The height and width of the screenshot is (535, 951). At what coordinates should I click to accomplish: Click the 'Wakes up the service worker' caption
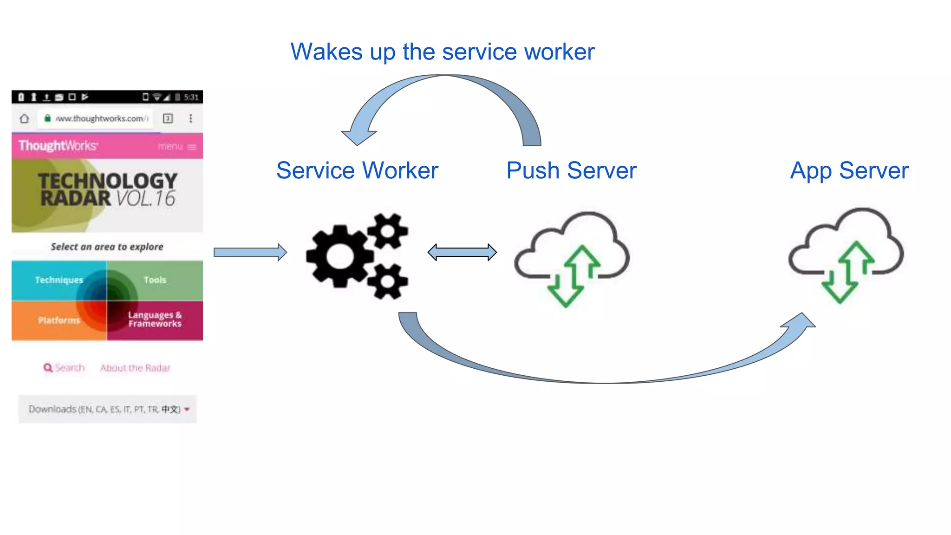click(x=442, y=52)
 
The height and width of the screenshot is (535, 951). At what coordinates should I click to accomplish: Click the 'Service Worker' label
click(x=357, y=170)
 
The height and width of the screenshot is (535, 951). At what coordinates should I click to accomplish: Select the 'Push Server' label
click(x=571, y=170)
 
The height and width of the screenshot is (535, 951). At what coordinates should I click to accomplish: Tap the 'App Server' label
click(x=849, y=170)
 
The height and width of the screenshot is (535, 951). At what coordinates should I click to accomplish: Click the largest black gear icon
click(x=340, y=256)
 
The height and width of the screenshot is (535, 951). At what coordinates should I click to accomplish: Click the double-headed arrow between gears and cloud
click(x=462, y=252)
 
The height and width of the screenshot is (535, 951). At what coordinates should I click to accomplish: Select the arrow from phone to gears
click(x=250, y=252)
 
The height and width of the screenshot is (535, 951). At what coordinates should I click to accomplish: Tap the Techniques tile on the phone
click(x=59, y=280)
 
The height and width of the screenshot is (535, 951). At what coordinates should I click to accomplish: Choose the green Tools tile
click(x=155, y=280)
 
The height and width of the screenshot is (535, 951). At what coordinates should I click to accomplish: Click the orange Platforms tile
click(x=59, y=320)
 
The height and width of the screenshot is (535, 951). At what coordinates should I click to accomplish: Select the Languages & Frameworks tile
click(x=155, y=320)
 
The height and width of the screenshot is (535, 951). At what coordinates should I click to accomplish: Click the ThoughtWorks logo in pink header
click(x=58, y=146)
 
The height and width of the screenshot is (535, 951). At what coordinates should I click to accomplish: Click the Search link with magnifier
click(x=65, y=368)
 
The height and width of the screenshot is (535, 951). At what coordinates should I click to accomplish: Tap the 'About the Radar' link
click(x=135, y=368)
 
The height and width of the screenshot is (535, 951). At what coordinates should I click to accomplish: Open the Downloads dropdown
click(x=108, y=409)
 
